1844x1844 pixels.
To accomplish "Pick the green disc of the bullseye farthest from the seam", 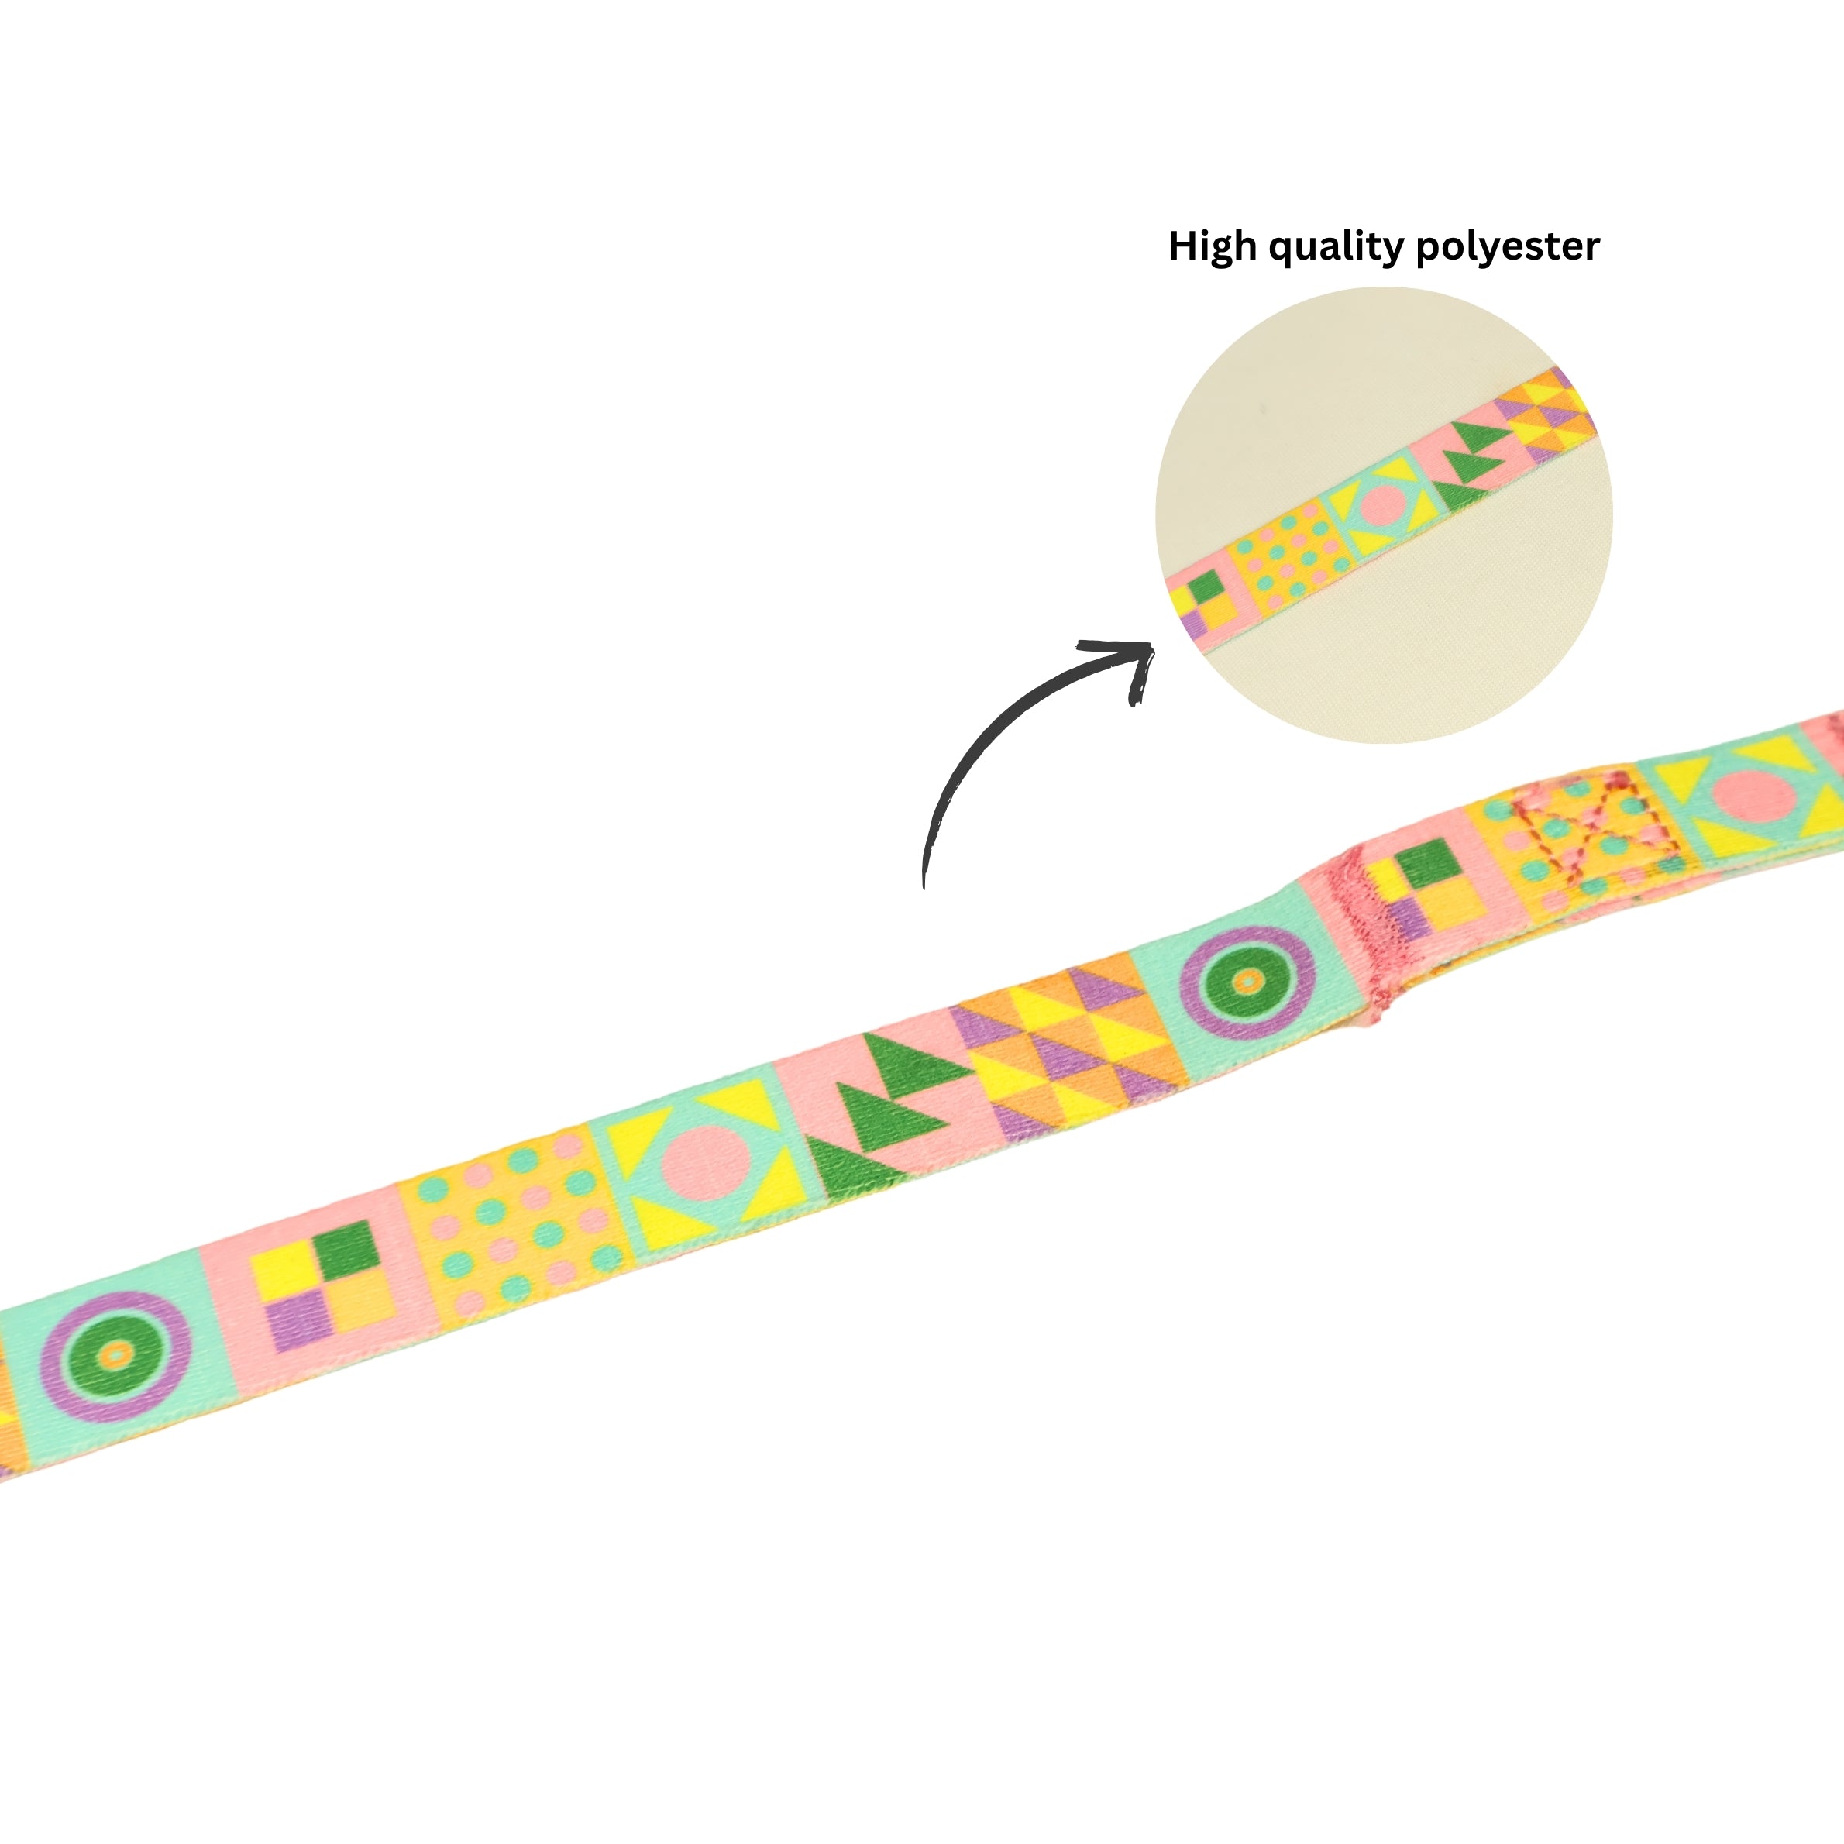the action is pyautogui.click(x=115, y=1354).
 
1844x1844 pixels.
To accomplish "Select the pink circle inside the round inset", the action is pyautogui.click(x=1382, y=507).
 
